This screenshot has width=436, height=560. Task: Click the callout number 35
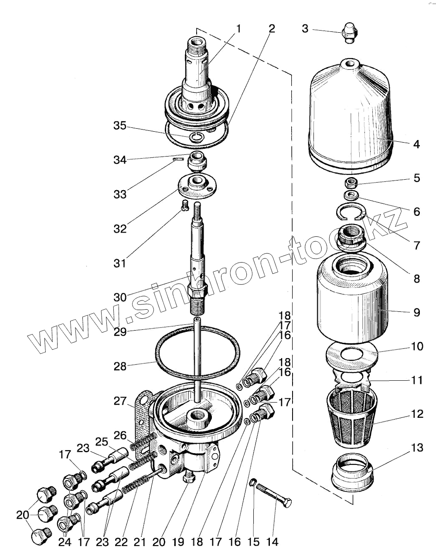coord(120,126)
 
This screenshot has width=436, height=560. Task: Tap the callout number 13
coord(417,448)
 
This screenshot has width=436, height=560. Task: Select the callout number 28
coord(120,366)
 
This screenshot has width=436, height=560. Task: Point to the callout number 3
coord(305,29)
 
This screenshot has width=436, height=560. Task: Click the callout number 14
coord(272,542)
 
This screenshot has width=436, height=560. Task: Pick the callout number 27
coord(120,401)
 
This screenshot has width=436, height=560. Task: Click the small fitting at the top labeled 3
coord(349,33)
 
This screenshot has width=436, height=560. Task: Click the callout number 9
coord(417,312)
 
